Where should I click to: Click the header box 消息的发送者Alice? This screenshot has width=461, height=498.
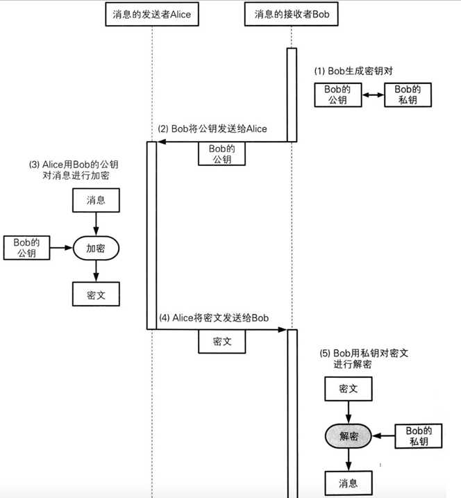[152, 15]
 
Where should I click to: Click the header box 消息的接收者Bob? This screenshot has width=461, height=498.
[291, 14]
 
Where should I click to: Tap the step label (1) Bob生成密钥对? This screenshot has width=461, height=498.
[353, 71]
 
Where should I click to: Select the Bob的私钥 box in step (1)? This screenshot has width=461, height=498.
[408, 95]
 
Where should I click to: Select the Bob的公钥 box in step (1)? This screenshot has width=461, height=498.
[338, 95]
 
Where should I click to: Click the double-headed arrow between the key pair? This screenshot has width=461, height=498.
[373, 94]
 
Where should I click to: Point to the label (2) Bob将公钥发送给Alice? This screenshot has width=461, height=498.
[212, 128]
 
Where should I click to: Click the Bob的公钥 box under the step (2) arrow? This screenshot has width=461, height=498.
[221, 153]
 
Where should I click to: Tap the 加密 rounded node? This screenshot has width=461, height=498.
[96, 248]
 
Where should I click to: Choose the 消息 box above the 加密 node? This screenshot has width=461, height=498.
[96, 200]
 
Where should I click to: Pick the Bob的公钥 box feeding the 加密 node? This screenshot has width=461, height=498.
[26, 248]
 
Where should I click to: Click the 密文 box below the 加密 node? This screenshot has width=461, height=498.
[96, 294]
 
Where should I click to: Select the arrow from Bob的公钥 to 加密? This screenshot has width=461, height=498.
[62, 248]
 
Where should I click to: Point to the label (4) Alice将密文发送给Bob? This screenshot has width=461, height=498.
[214, 318]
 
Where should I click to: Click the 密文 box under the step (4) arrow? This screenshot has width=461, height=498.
[222, 342]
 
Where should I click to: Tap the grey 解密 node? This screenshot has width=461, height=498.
[349, 436]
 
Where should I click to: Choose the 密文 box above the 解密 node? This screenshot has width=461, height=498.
[349, 389]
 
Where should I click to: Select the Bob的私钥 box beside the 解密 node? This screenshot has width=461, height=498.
[419, 436]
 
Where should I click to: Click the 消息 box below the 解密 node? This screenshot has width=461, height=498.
[349, 483]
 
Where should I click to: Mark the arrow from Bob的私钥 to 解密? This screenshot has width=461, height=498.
[383, 435]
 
